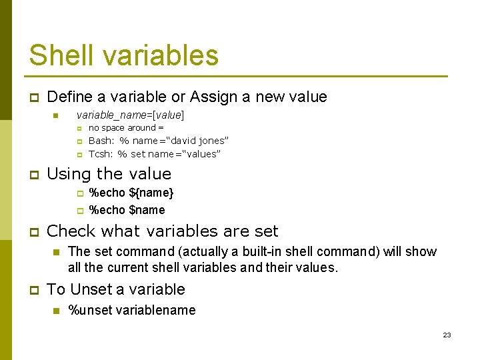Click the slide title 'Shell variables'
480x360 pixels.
(x=123, y=55)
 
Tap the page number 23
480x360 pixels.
(x=447, y=335)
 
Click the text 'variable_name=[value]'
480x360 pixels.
(x=131, y=115)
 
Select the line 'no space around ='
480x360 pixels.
(x=126, y=127)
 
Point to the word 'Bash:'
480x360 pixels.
(x=101, y=141)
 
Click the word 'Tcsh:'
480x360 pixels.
(x=101, y=154)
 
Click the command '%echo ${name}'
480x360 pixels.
(x=131, y=193)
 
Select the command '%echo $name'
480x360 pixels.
(x=127, y=210)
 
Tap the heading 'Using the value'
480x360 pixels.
(x=109, y=174)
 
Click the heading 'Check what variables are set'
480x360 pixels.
(x=163, y=231)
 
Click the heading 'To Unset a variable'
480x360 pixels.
(x=116, y=289)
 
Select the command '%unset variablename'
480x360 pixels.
(x=132, y=310)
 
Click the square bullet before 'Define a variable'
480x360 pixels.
(x=32, y=97)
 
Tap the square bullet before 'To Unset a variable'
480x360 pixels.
(x=32, y=290)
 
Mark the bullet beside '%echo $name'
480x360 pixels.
(x=79, y=211)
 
